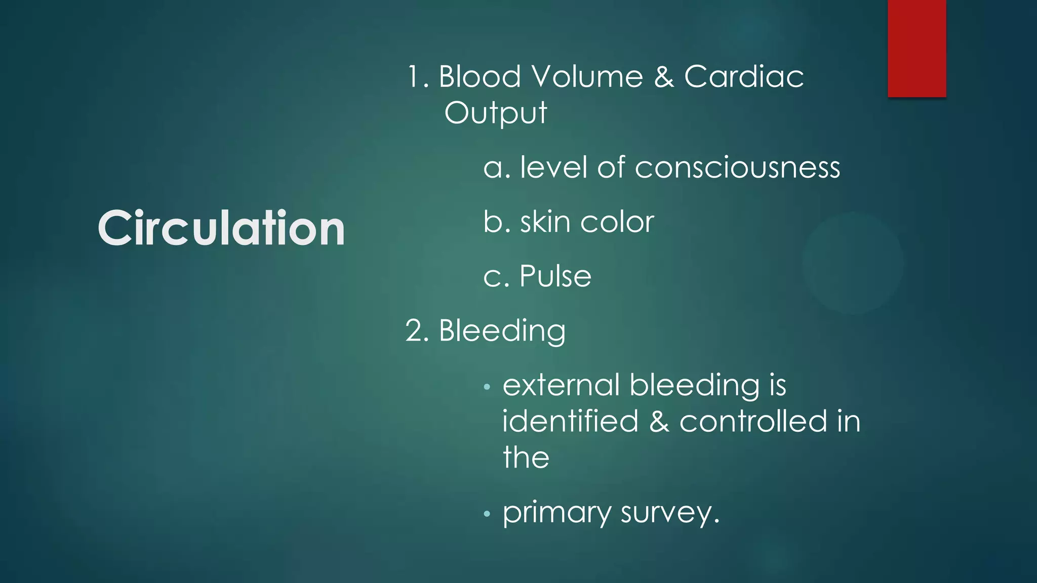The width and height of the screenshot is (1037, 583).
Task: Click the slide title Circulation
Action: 221,228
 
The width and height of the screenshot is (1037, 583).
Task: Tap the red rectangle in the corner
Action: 916,48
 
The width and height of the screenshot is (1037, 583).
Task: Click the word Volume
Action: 587,77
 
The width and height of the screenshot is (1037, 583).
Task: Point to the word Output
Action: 495,113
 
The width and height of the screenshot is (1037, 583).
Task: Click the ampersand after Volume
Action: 663,77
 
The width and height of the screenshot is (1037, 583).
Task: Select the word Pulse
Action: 555,276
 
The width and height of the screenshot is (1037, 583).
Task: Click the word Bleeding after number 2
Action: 502,331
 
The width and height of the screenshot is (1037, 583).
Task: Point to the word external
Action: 561,385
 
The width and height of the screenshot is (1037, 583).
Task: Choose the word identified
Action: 570,422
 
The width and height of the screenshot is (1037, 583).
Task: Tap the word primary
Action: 556,513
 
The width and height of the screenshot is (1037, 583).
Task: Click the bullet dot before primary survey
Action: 487,515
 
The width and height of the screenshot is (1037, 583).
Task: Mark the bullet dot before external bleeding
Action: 487,387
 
